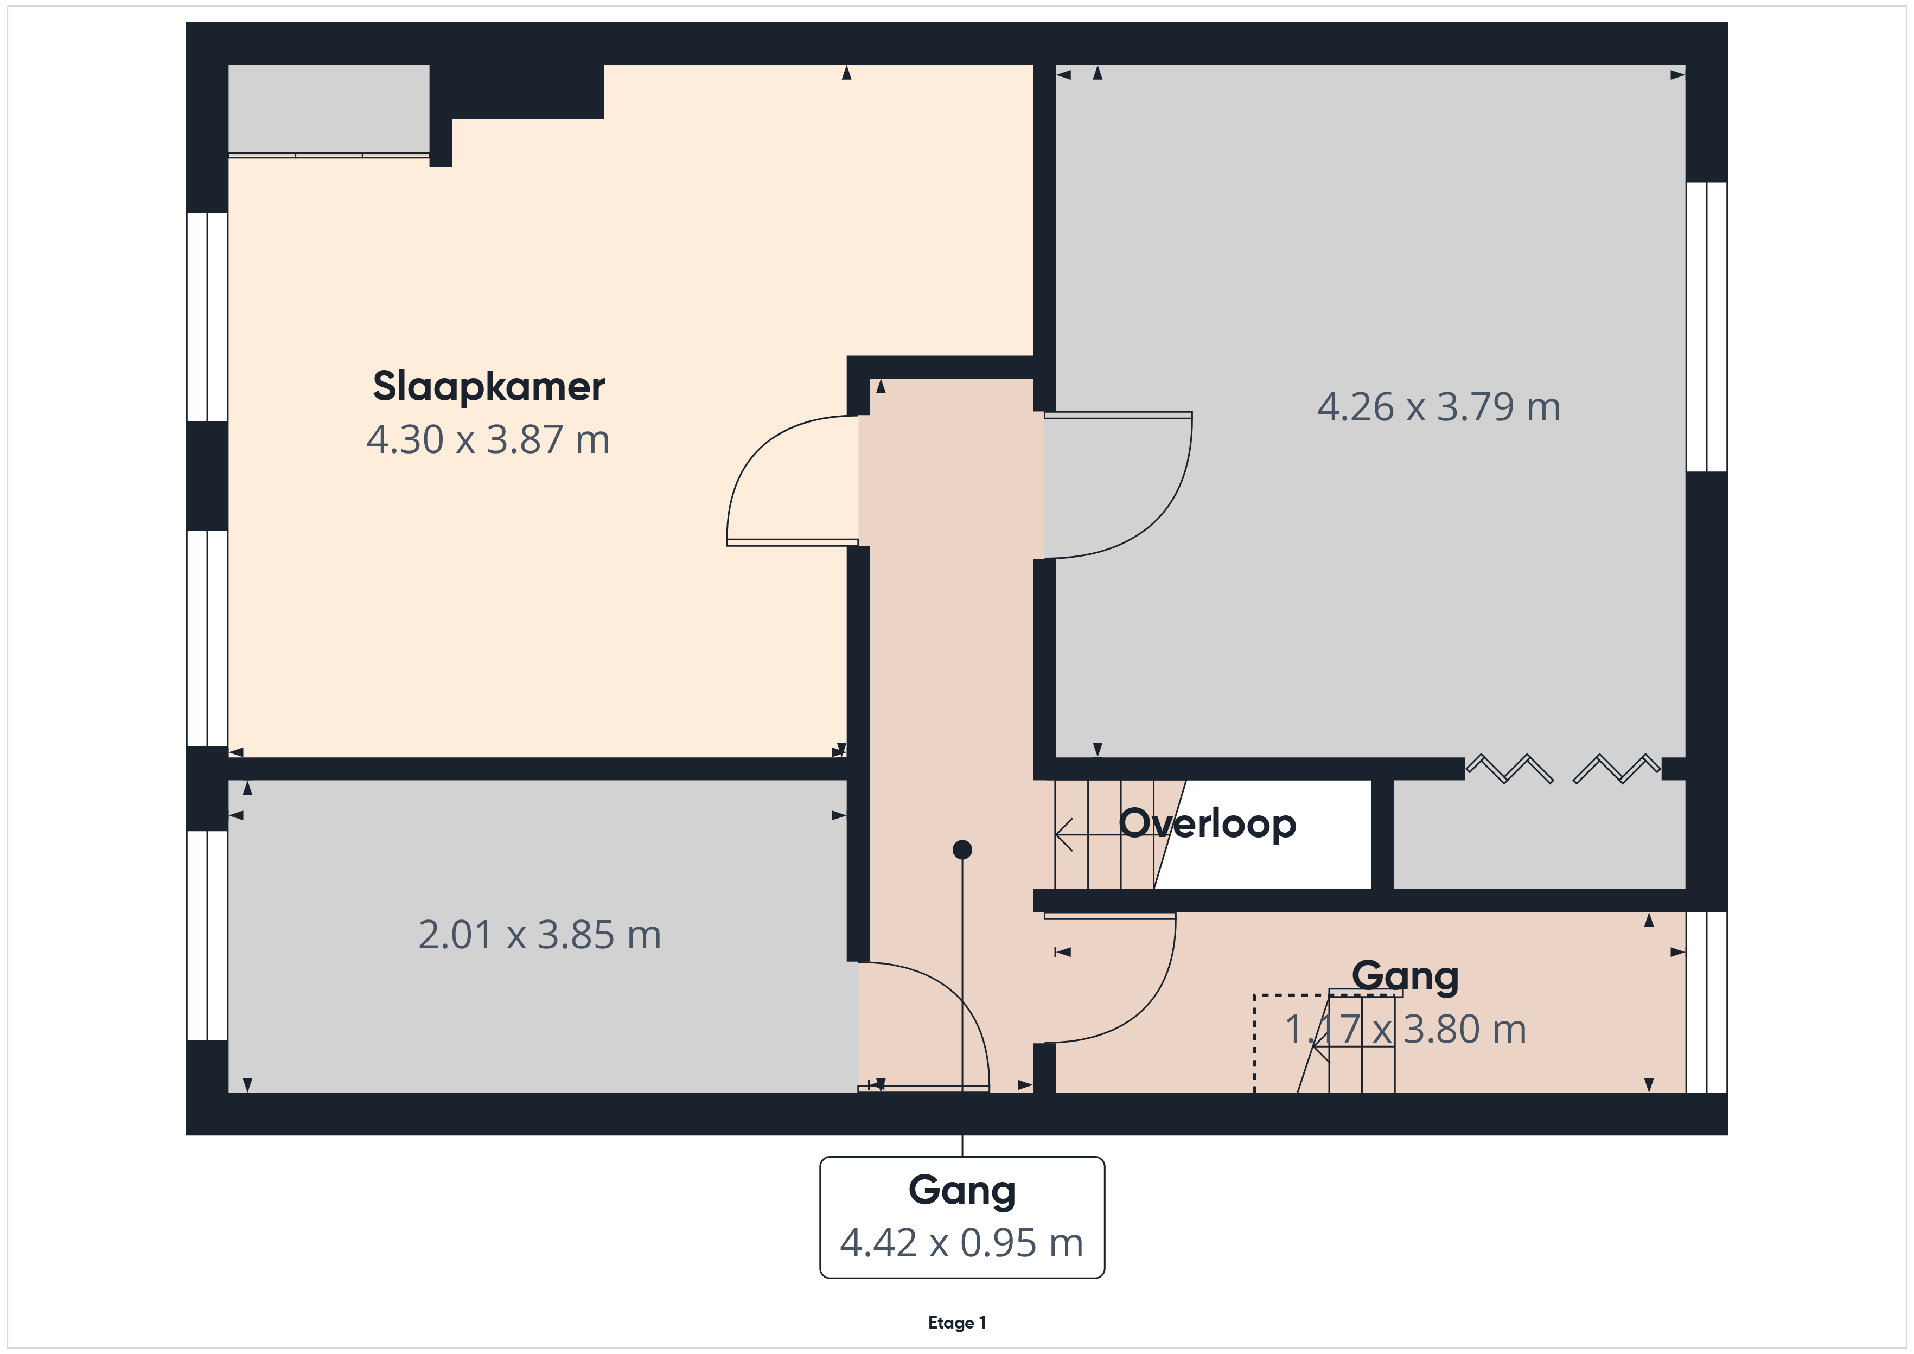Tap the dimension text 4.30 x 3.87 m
click(488, 439)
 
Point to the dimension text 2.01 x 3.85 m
click(539, 935)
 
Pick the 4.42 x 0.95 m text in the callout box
click(961, 1243)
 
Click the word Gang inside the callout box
click(962, 1191)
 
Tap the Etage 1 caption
click(957, 1323)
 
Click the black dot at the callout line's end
click(962, 850)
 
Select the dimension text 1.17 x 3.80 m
click(1406, 1030)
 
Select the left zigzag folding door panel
click(1509, 769)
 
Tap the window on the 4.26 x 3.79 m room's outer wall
click(1706, 327)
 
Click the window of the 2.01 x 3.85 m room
click(207, 935)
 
